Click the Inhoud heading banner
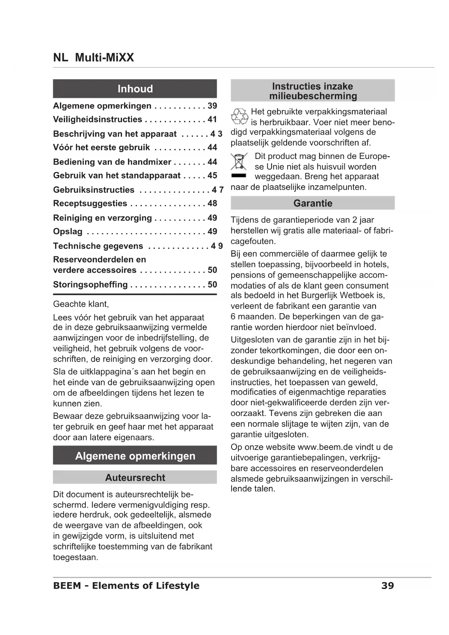(135, 89)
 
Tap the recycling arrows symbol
(239, 116)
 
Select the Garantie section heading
(313, 203)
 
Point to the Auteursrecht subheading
(135, 478)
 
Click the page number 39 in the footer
(387, 586)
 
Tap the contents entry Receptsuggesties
(90, 203)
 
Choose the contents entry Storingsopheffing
(90, 285)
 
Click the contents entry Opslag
(68, 232)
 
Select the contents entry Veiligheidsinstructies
(98, 119)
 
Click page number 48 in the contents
(212, 203)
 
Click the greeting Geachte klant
(81, 304)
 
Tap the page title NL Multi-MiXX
(93, 58)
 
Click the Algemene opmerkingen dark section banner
(135, 456)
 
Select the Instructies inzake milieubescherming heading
(313, 91)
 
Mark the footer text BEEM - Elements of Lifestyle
(126, 586)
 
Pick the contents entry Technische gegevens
(98, 246)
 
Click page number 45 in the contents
(212, 176)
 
